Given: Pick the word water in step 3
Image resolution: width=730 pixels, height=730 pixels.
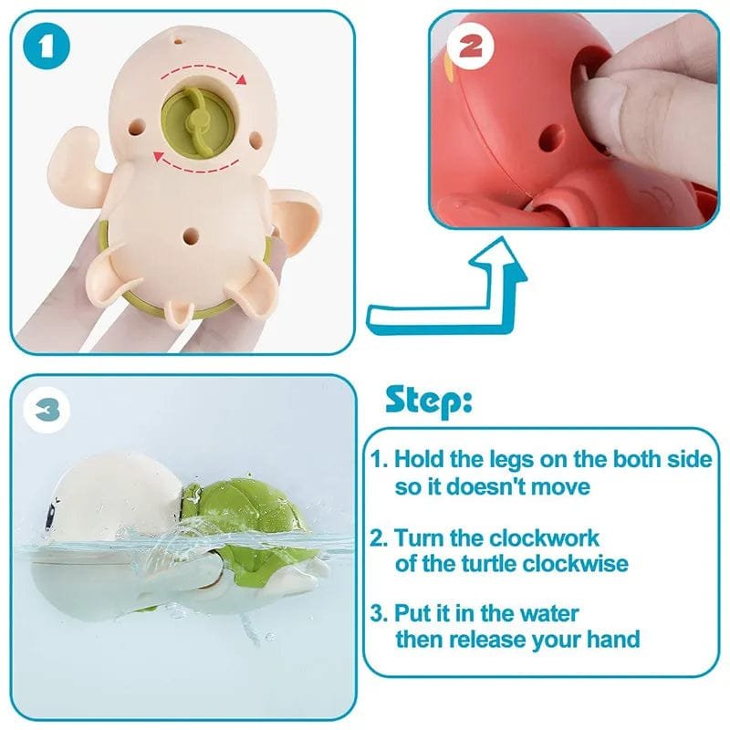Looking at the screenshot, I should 544,613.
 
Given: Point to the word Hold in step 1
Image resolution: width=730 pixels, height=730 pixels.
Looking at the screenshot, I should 421,461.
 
